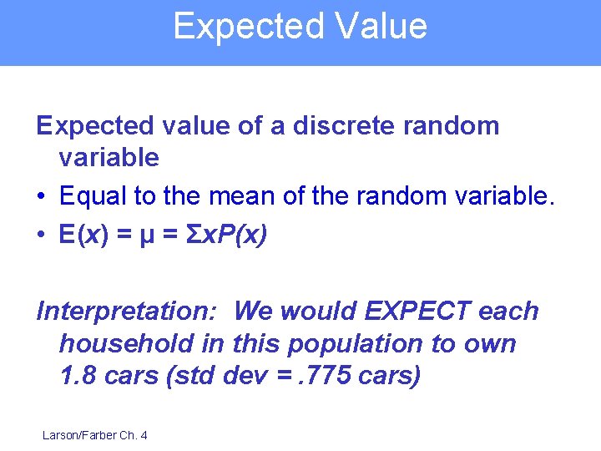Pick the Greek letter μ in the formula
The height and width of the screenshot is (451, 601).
tap(147, 236)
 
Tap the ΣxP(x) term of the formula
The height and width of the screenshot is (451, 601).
tap(225, 236)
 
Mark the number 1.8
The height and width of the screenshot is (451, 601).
tap(78, 376)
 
